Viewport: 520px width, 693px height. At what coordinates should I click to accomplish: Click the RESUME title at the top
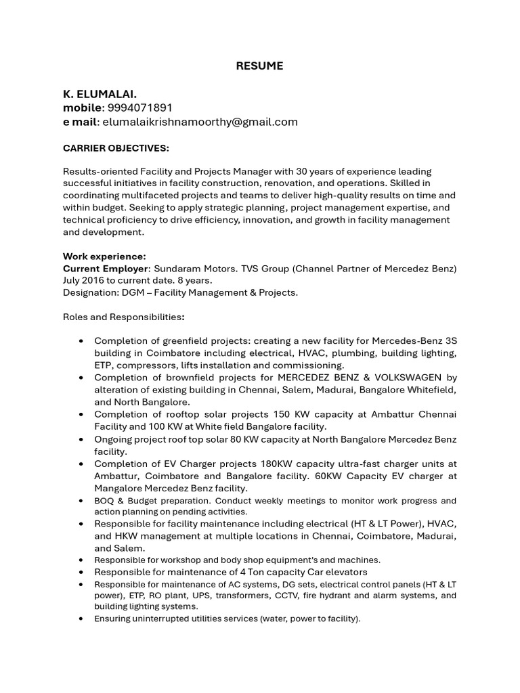point(259,66)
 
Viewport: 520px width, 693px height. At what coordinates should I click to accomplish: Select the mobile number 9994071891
point(141,108)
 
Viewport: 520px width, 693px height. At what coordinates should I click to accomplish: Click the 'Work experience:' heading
point(104,256)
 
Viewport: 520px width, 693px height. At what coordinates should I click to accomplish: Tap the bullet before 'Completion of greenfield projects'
point(82,340)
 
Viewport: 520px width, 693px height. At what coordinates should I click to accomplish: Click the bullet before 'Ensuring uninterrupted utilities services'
point(82,619)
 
